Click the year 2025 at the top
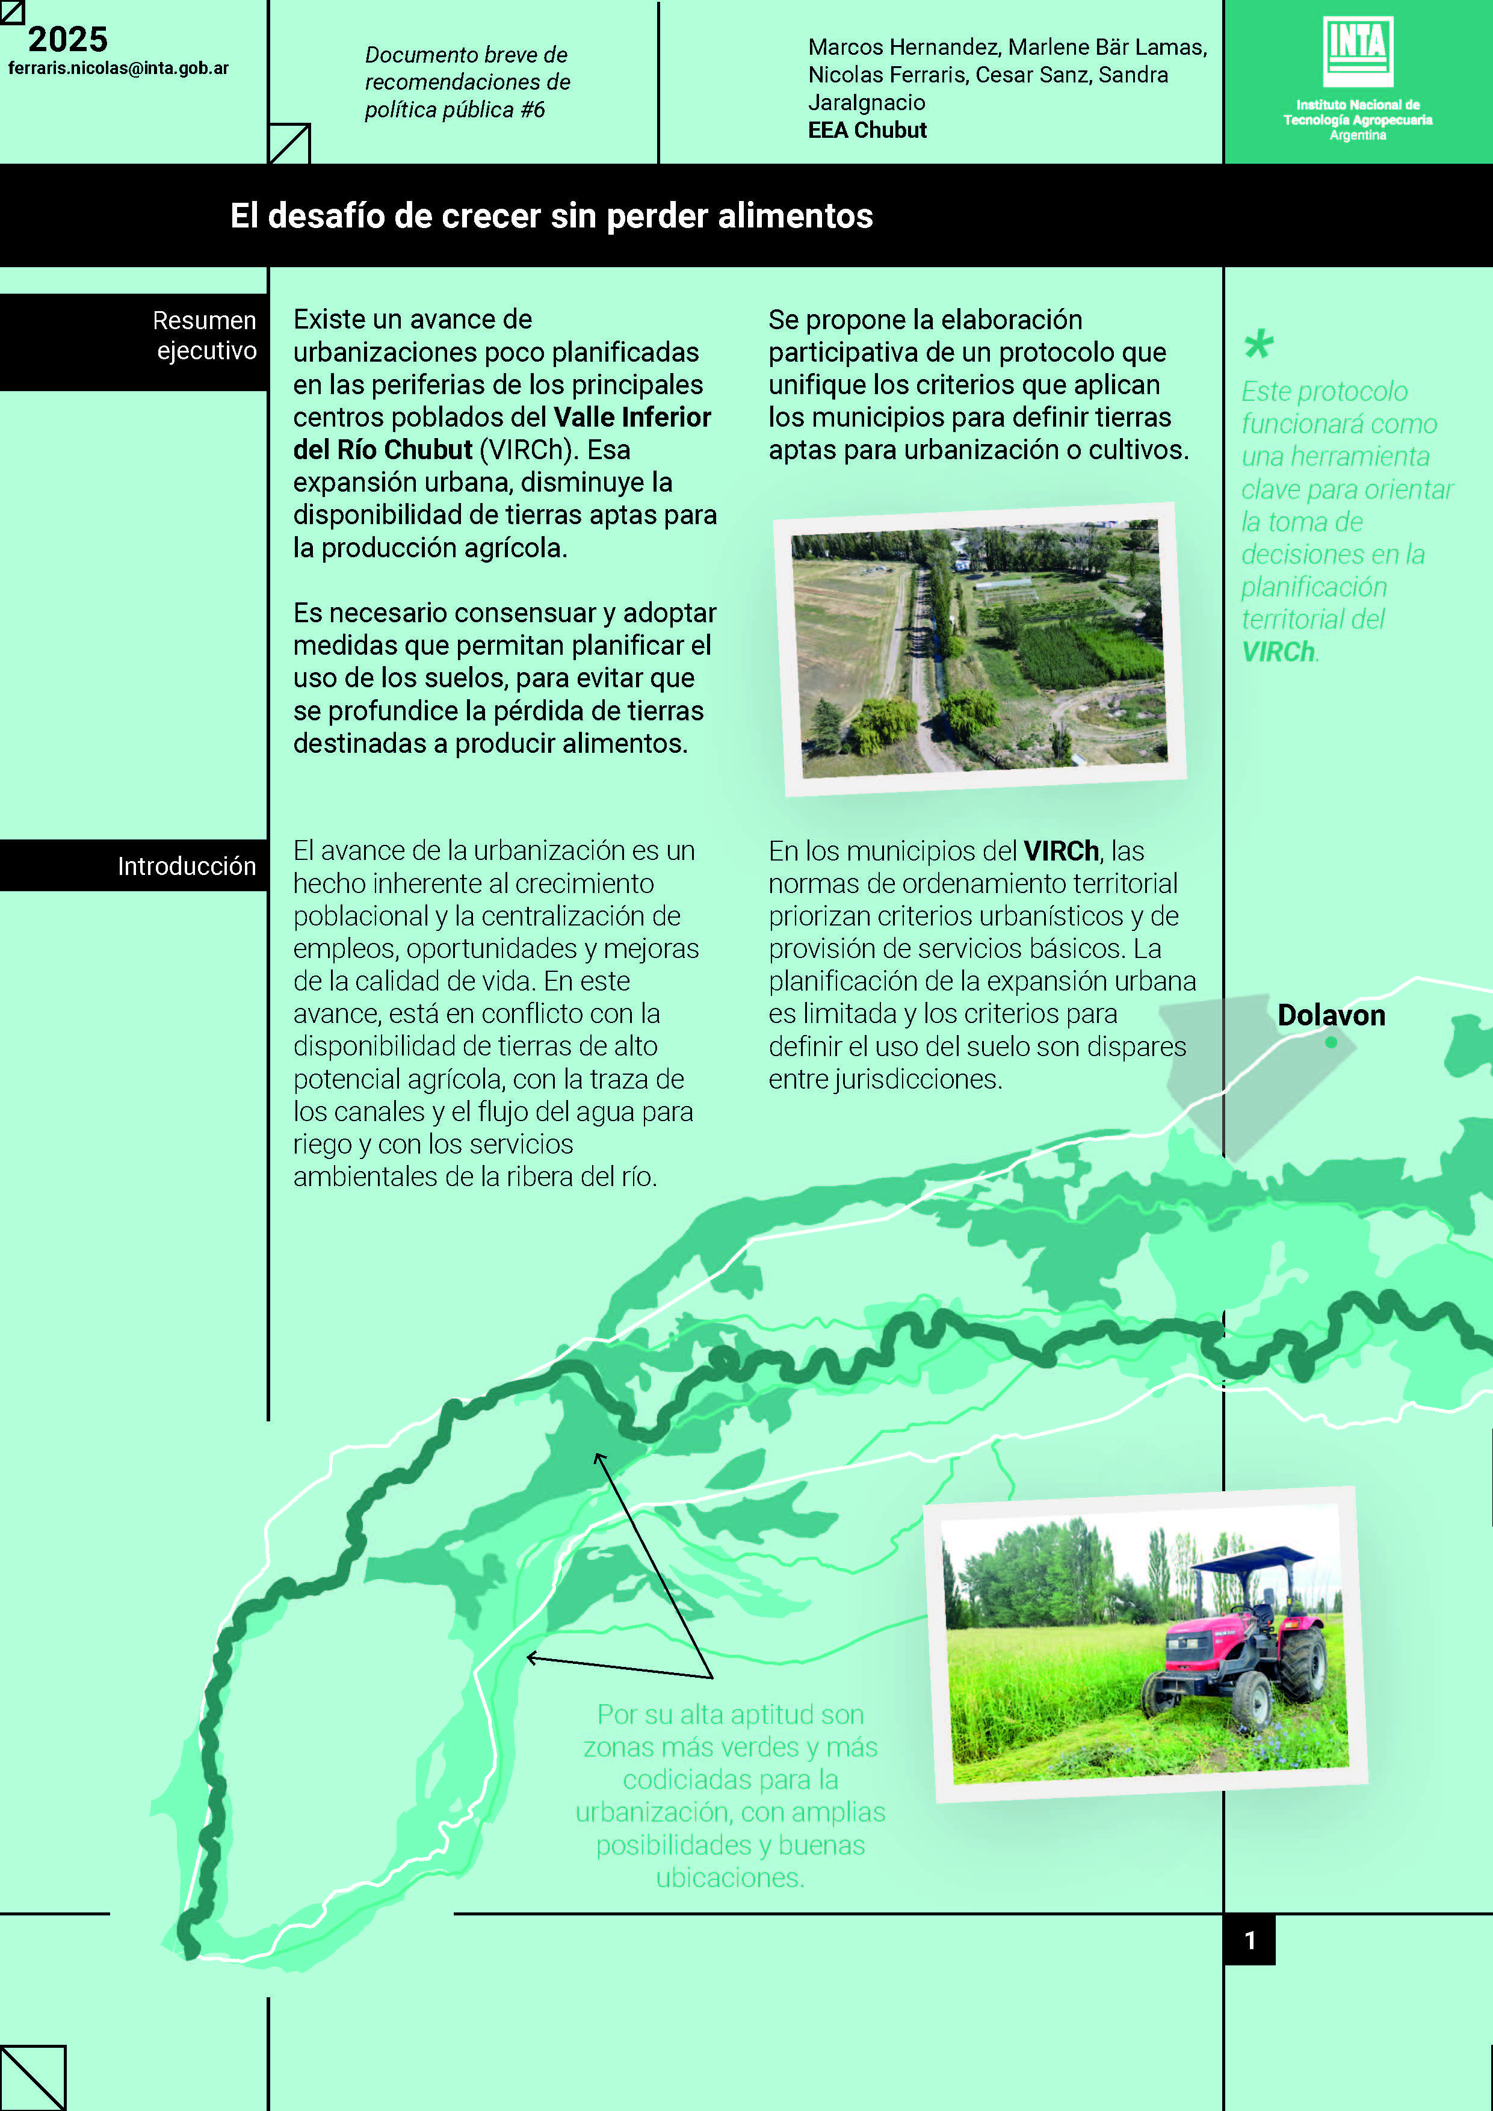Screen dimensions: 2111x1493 point(68,40)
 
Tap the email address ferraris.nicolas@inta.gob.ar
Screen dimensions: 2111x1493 point(119,68)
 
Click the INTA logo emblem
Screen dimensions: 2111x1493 point(1358,51)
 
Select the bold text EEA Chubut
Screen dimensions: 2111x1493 point(867,131)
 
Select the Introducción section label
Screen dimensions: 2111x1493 point(187,866)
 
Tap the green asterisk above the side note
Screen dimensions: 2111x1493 point(1258,345)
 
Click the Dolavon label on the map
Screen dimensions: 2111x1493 point(1331,1015)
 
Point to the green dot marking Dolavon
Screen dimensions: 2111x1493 point(1331,1043)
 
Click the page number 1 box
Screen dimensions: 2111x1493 point(1249,1940)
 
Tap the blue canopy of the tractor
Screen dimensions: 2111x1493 point(1252,1559)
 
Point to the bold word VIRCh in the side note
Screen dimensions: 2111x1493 point(1278,652)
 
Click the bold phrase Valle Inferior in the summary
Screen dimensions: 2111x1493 point(632,418)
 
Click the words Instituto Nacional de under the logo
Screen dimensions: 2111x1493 point(1357,105)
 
